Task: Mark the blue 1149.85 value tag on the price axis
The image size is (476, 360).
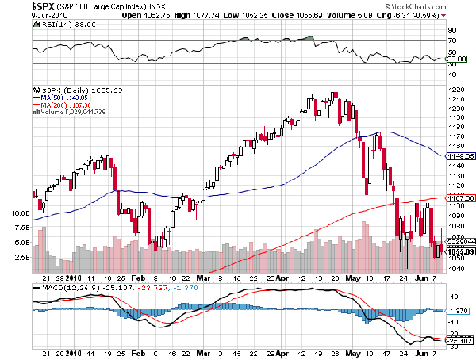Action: pos(459,157)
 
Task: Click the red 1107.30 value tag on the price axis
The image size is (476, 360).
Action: pos(459,197)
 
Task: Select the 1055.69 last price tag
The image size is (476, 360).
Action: pos(459,251)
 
